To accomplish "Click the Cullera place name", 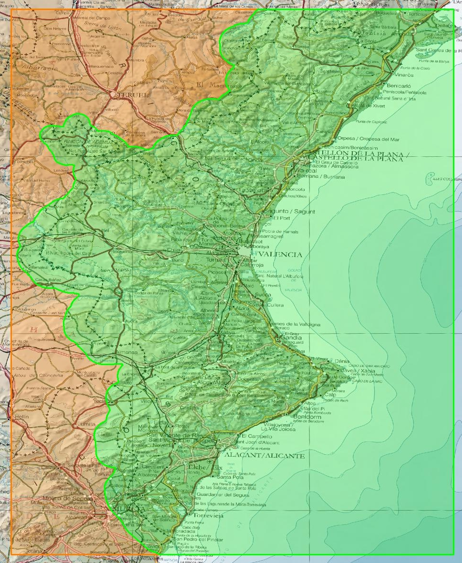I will [x=275, y=305].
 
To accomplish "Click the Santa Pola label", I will [x=227, y=477].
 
